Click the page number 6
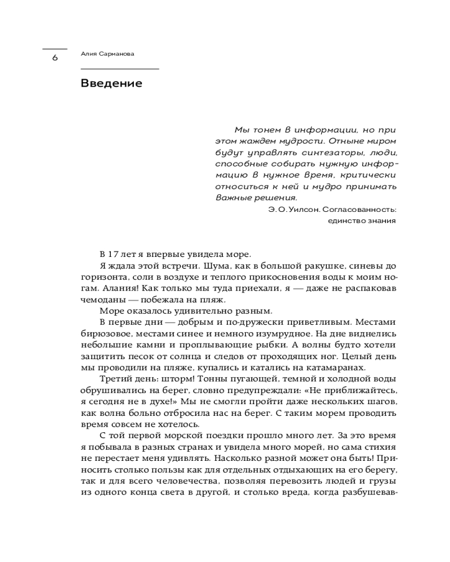(55, 57)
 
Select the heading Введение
(111, 84)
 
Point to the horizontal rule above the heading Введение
(120, 69)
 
